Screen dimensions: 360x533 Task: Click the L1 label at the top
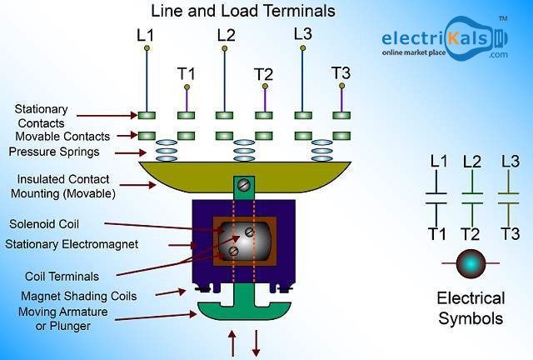(147, 35)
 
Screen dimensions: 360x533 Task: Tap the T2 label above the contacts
(263, 74)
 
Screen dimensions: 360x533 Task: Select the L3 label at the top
(303, 34)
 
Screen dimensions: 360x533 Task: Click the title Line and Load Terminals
(243, 11)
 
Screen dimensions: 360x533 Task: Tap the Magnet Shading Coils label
(79, 296)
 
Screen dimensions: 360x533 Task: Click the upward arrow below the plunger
(232, 342)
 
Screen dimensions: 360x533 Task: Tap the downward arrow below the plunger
(256, 342)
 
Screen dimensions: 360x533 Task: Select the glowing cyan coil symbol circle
(471, 263)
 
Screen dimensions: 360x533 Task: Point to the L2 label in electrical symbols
(471, 161)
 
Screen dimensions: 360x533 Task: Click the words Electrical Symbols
(471, 307)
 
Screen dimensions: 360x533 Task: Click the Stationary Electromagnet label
(72, 244)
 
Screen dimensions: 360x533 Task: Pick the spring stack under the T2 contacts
(244, 150)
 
